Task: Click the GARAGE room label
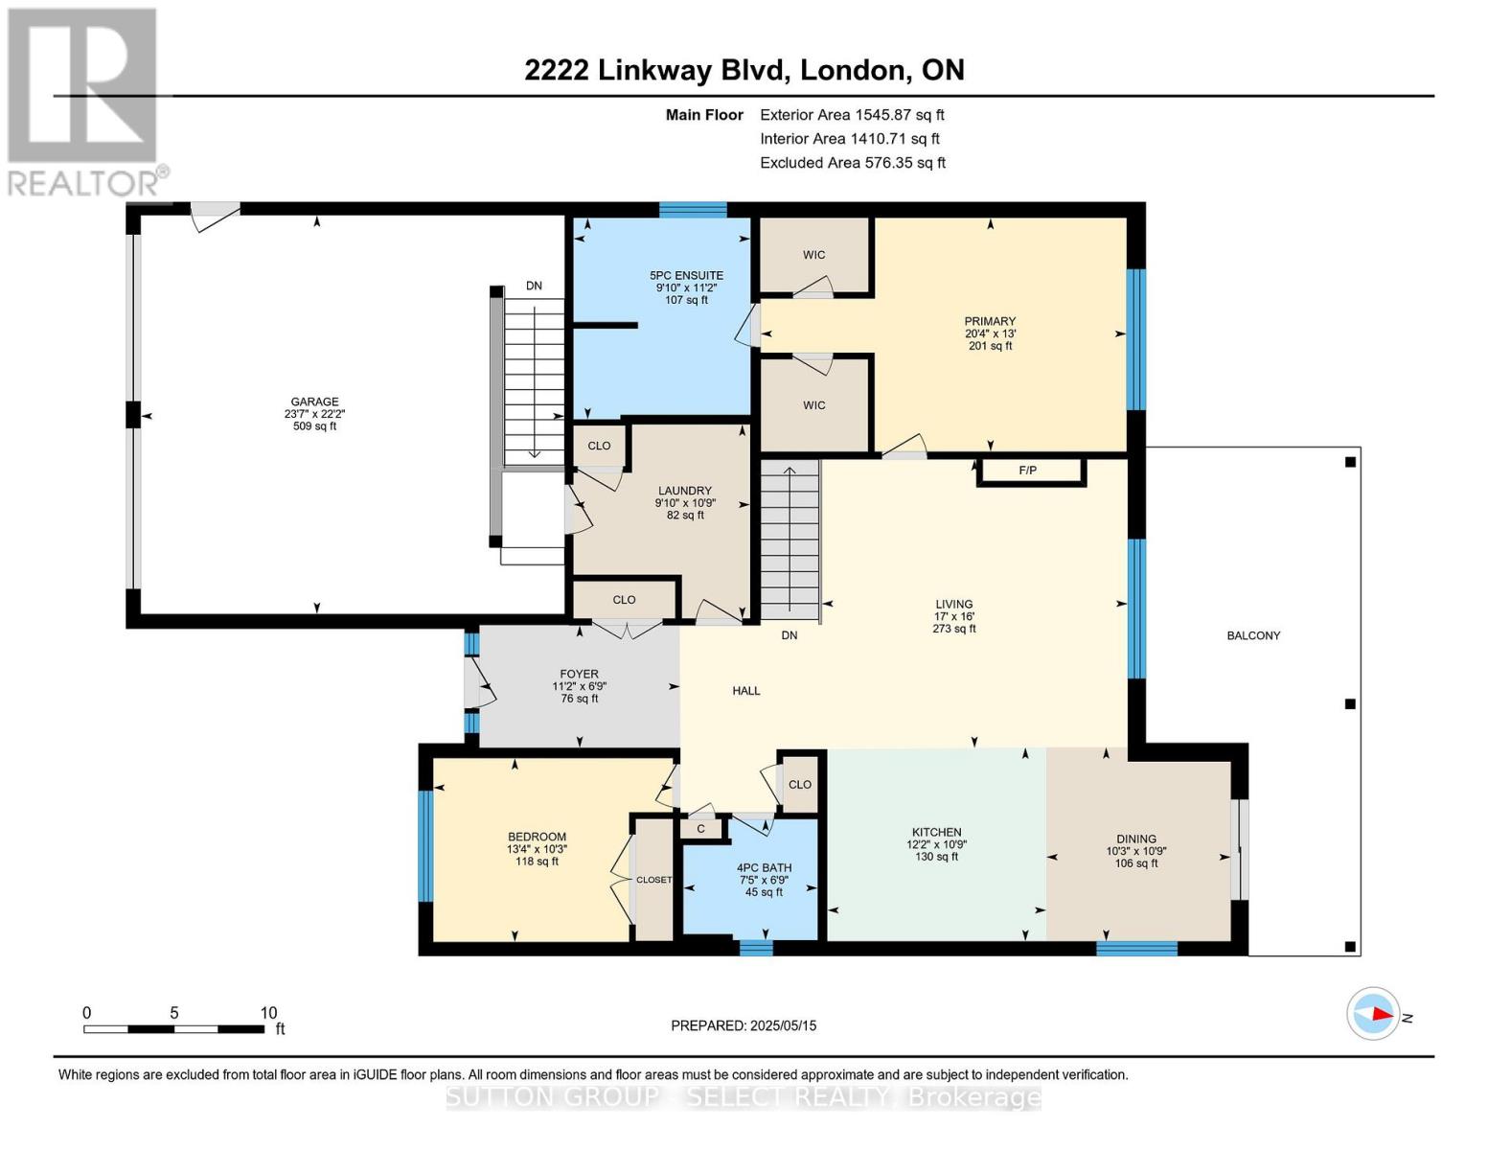[315, 402]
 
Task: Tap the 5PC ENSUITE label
[686, 276]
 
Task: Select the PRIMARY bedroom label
[990, 322]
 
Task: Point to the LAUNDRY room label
[684, 491]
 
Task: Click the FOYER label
[579, 675]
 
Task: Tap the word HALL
[745, 691]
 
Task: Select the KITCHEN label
[936, 833]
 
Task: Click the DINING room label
[1135, 839]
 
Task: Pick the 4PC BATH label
[764, 868]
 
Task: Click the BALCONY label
[1252, 635]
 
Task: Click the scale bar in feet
[173, 1029]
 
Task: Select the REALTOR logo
[84, 101]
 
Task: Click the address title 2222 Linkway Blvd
[744, 70]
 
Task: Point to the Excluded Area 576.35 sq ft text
[852, 163]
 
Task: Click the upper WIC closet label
[813, 255]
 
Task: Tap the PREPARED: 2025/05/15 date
[744, 1025]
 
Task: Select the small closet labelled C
[700, 829]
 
